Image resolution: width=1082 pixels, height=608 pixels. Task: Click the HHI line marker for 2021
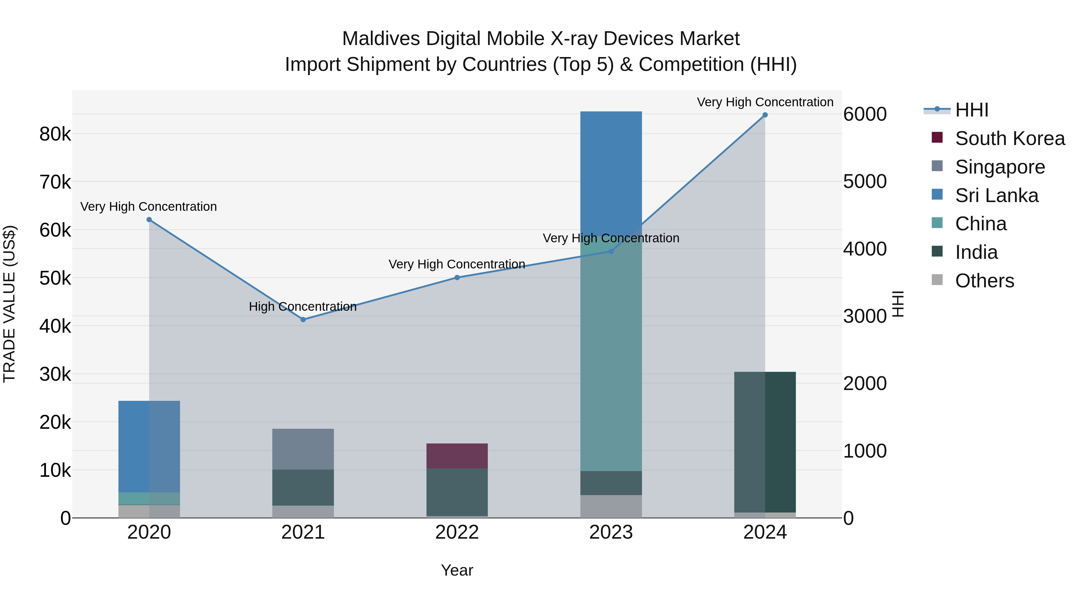tap(303, 319)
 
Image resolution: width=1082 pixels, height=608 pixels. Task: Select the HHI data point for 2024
tap(765, 115)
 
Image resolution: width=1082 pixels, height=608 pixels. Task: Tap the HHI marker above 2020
tap(149, 219)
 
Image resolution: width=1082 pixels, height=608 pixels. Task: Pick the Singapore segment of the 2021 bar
tap(303, 449)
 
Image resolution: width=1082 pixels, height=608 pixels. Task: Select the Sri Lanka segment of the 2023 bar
tap(611, 168)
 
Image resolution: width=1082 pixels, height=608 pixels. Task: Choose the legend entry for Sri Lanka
tap(996, 195)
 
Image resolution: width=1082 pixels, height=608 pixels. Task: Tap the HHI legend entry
tap(971, 110)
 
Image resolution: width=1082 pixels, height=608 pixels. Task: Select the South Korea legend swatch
tap(937, 138)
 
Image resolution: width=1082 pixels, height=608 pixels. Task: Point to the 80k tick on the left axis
tap(55, 134)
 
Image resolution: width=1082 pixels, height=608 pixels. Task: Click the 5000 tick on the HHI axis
tap(865, 182)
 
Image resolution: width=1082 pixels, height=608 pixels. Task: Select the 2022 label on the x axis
tap(457, 532)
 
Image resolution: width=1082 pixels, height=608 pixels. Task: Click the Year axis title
tap(457, 570)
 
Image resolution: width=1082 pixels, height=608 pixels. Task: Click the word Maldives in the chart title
tap(381, 39)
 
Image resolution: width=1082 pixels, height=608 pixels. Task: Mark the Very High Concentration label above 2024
tap(765, 102)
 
